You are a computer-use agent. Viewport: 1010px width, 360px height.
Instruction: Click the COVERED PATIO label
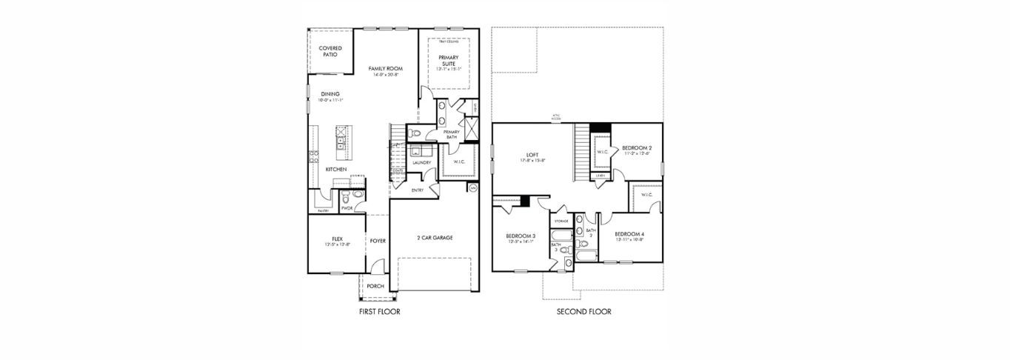(330, 51)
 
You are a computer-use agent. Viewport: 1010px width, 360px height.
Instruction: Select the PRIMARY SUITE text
(448, 61)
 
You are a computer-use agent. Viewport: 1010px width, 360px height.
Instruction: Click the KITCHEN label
(336, 170)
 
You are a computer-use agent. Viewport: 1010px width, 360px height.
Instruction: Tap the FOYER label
(378, 241)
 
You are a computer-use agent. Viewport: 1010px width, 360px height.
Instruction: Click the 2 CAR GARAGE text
(435, 238)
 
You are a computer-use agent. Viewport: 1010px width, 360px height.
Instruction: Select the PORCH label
(375, 286)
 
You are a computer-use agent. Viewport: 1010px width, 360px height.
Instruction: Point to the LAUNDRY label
(422, 162)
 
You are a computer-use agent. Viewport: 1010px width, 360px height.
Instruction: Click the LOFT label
(532, 156)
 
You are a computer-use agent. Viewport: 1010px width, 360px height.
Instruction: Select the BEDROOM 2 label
(637, 148)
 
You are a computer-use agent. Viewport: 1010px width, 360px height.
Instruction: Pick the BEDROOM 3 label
(521, 236)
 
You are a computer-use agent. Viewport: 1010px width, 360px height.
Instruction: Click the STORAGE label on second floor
(562, 221)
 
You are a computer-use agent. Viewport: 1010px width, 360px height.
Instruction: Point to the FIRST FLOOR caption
(379, 312)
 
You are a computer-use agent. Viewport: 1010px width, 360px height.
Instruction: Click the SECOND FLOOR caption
(584, 312)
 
